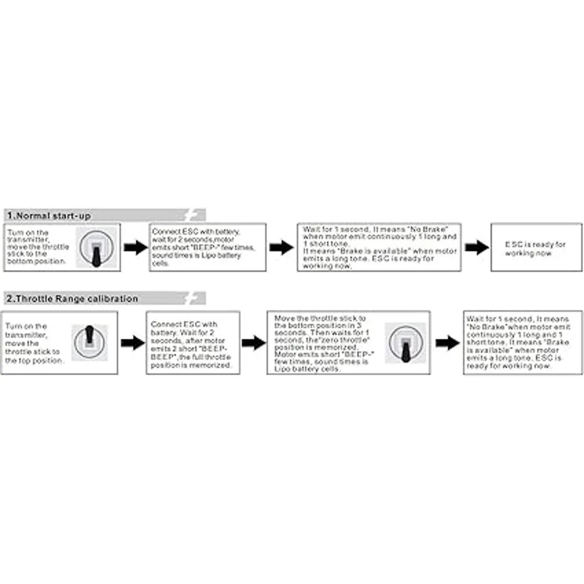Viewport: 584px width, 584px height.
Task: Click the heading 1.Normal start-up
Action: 49,216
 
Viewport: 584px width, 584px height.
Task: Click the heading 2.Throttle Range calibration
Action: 72,298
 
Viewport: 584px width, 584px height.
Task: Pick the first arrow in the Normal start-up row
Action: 135,248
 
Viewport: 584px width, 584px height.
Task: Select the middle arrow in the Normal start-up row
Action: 281,248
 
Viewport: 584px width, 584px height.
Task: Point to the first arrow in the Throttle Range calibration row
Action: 132,343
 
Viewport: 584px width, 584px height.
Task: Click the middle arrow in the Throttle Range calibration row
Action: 253,343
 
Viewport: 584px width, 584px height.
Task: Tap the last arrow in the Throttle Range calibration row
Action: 447,343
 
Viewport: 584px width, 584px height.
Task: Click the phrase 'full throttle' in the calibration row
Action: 210,358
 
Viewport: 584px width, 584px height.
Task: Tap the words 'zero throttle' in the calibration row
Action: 347,340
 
